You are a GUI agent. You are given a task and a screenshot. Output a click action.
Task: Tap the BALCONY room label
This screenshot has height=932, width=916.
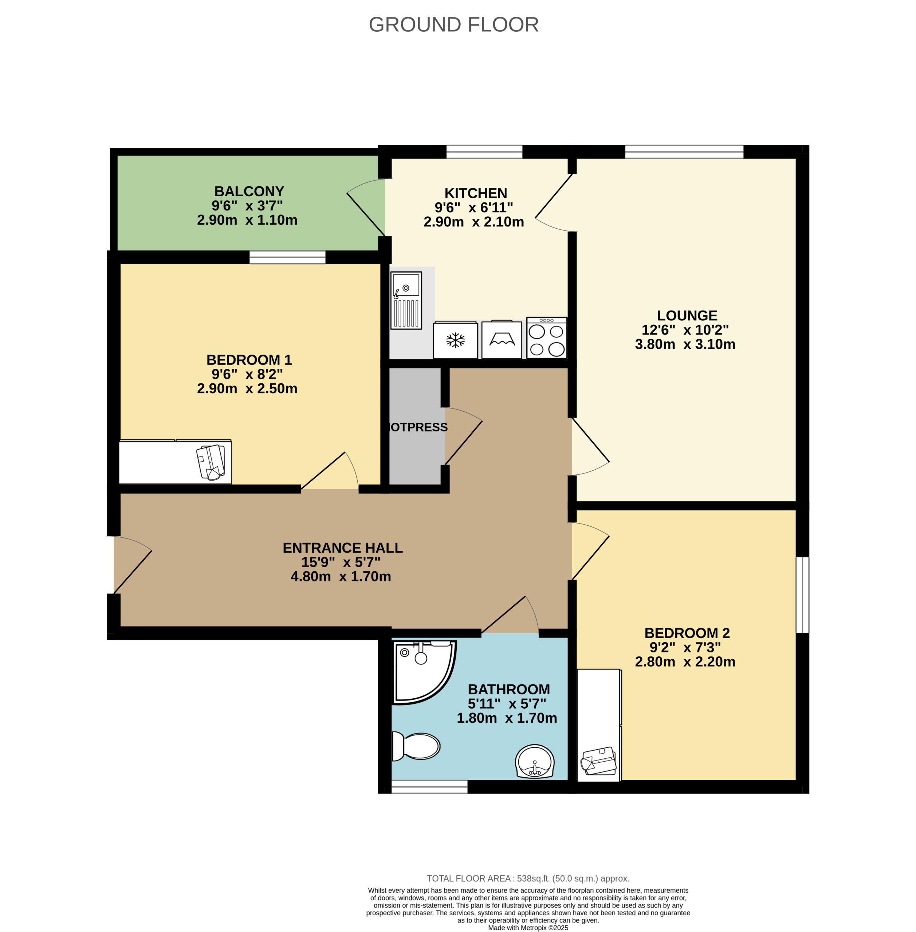[249, 191]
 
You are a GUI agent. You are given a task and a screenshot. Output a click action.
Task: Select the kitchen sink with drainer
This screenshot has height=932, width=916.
[406, 300]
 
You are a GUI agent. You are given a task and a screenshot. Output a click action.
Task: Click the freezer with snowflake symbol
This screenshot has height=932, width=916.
[455, 340]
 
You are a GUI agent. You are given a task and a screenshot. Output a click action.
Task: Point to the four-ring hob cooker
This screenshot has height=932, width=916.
[547, 337]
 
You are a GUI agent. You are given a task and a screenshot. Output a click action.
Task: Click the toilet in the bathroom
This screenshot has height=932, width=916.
[416, 746]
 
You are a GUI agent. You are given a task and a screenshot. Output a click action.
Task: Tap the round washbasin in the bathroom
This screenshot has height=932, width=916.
[535, 761]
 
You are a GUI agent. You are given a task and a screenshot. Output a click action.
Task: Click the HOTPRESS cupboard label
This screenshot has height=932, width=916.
[418, 427]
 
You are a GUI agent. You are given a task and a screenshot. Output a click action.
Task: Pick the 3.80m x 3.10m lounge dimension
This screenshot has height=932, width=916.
[685, 344]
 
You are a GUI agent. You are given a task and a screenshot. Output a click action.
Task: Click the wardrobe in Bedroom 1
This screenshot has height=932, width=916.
[175, 462]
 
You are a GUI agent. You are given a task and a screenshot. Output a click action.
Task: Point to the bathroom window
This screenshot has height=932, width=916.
[429, 787]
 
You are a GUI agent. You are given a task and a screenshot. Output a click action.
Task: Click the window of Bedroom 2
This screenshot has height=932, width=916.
[802, 595]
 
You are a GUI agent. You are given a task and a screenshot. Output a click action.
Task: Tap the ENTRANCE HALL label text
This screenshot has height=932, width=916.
[342, 548]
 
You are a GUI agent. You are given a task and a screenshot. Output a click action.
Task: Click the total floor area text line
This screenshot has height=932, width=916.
[528, 878]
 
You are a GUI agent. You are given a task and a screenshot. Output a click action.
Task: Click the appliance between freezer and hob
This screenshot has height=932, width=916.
[501, 340]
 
